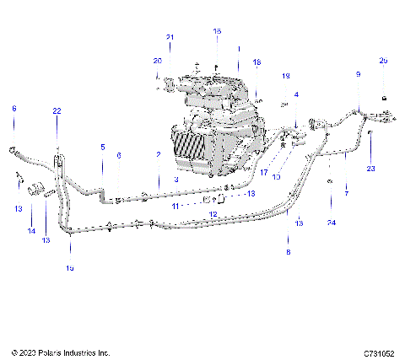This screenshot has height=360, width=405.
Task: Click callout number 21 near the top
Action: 170,37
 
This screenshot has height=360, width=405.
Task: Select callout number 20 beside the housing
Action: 157,61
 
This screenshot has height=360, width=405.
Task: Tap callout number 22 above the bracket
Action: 57,111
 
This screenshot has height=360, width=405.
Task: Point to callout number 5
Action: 103,147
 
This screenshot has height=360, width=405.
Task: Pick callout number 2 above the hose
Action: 158,154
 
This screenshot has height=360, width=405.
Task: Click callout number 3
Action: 175,180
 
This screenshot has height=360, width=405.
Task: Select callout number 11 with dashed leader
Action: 175,205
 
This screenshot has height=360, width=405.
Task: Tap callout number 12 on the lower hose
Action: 213,214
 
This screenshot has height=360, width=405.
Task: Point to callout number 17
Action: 263,173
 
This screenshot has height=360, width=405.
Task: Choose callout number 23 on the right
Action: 369,169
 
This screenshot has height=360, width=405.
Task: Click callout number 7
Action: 345,193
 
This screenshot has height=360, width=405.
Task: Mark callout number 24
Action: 332,222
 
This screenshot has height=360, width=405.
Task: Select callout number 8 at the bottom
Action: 287,252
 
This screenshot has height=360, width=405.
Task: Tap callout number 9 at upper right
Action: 358,75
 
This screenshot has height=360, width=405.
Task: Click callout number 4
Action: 295,94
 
